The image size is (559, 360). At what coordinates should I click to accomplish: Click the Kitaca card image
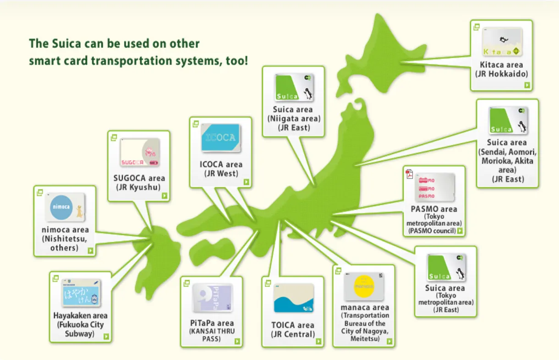pos(502,43)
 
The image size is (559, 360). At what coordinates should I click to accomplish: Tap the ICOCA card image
pos(220,138)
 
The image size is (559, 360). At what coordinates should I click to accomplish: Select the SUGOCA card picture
pos(140,153)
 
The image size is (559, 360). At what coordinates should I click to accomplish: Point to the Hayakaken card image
pos(81,292)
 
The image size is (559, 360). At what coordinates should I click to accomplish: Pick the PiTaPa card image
pos(212,298)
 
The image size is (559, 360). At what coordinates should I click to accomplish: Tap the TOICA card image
pos(294,298)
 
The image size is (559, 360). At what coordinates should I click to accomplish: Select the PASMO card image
pos(434,186)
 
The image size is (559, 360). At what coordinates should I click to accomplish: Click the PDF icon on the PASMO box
pos(409,174)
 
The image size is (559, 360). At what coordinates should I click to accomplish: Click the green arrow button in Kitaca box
pos(527,85)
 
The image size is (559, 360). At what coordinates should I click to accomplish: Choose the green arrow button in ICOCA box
pos(246,182)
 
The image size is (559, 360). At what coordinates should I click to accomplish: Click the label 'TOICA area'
pos(293,325)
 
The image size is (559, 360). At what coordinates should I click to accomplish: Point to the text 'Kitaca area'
pos(501,65)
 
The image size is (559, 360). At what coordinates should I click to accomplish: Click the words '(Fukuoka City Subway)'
pos(80,329)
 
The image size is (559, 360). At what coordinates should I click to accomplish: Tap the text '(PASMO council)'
pos(432,231)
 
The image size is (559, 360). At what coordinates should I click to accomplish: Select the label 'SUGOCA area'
pos(139,178)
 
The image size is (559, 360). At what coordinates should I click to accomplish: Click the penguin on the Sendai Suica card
pos(521,127)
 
